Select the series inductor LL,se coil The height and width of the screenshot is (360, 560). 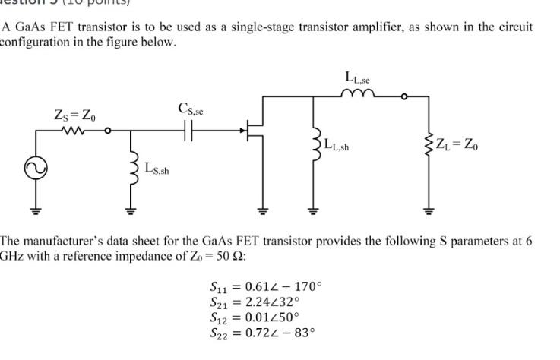point(357,94)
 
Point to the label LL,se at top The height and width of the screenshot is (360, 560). point(357,77)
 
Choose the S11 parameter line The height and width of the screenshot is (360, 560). point(265,287)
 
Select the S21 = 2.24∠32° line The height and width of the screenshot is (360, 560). point(257,302)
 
